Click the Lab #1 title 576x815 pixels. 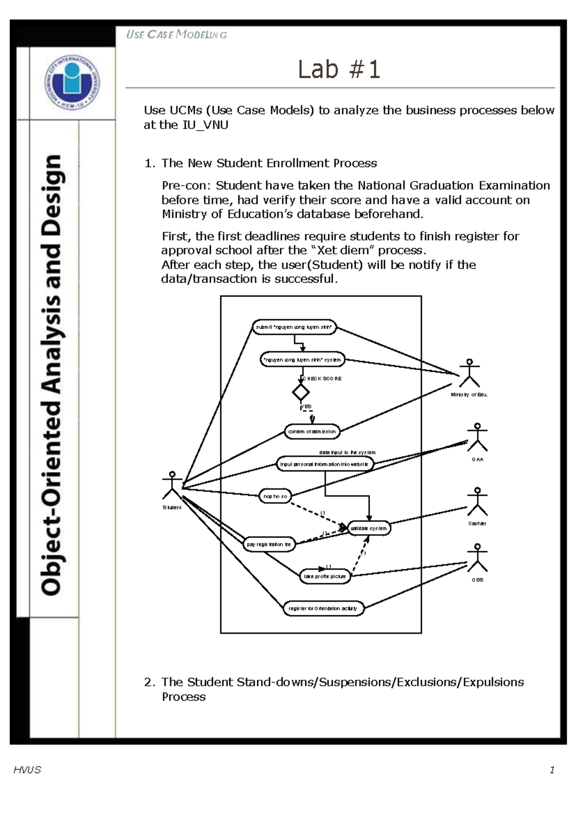click(x=339, y=70)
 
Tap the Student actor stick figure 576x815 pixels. click(x=172, y=485)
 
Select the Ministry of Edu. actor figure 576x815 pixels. click(x=469, y=373)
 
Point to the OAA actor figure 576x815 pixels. click(x=477, y=437)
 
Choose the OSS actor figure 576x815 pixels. click(x=477, y=558)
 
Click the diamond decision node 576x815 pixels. click(x=301, y=393)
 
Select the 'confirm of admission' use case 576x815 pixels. click(x=312, y=431)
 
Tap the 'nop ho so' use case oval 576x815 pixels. click(x=275, y=496)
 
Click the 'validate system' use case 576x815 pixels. click(x=369, y=528)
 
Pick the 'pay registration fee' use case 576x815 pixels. click(x=269, y=544)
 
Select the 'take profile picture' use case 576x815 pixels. click(x=325, y=576)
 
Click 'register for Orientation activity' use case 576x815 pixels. click(x=323, y=609)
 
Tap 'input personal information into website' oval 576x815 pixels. click(x=324, y=464)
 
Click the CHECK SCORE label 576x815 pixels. click(x=323, y=379)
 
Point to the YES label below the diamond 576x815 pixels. click(x=306, y=407)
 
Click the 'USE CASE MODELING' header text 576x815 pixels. click(x=176, y=35)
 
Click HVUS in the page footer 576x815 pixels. click(x=27, y=770)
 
